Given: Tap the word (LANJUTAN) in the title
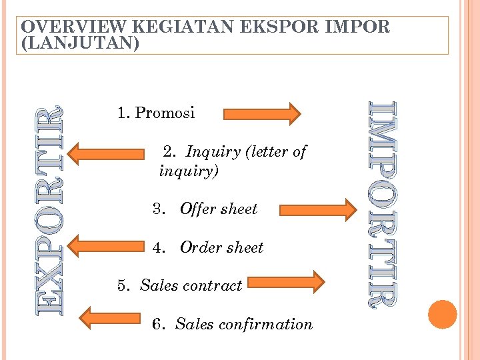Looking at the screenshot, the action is pyautogui.click(x=81, y=43).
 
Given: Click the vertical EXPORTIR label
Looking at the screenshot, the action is pyautogui.click(x=51, y=211).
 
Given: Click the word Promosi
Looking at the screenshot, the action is pyautogui.click(x=165, y=113).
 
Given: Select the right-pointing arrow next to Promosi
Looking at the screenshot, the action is pyautogui.click(x=261, y=113).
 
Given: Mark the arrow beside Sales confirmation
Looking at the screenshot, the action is pyautogui.click(x=109, y=317).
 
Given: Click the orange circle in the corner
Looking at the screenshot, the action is pyautogui.click(x=442, y=314).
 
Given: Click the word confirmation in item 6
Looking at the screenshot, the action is pyautogui.click(x=278, y=325).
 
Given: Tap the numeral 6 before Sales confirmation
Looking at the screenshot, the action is pyautogui.click(x=156, y=325).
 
